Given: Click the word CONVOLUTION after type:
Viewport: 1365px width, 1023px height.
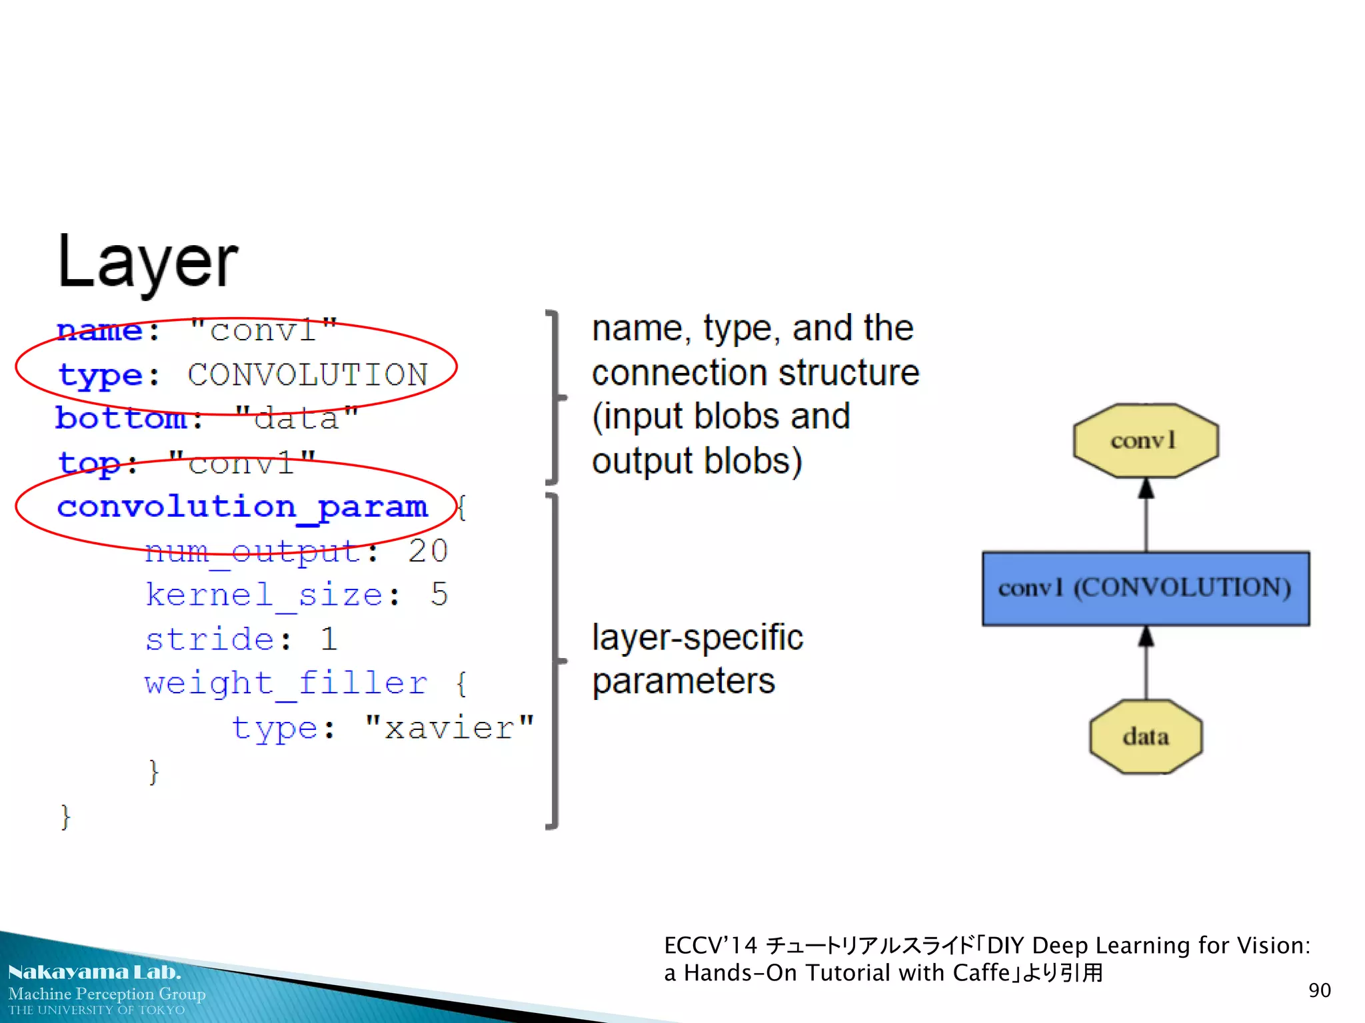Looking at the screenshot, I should [307, 375].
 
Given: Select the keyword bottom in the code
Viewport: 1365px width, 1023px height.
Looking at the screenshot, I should [121, 419].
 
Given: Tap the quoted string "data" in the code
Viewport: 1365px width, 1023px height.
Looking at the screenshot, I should [297, 419].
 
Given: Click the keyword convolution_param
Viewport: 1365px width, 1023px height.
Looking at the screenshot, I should [242, 508].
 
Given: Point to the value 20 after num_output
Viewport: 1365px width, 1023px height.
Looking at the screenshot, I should [427, 551].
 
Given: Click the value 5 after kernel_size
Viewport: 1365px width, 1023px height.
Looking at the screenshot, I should [439, 595].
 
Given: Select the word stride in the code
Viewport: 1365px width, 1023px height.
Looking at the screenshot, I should [209, 639].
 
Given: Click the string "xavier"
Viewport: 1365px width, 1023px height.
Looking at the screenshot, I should [450, 728].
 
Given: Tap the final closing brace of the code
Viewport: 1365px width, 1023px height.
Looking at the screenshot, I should [65, 817].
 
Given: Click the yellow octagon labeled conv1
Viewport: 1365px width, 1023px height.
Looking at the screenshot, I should [1145, 441].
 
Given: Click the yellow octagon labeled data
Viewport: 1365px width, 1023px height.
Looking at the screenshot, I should [1145, 737].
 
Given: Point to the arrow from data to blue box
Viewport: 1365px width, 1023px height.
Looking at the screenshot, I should [1146, 663].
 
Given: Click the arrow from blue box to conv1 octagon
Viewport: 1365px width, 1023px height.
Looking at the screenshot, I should [1146, 515].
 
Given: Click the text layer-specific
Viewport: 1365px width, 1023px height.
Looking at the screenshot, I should [697, 638].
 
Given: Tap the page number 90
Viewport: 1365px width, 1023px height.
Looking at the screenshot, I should [1319, 990].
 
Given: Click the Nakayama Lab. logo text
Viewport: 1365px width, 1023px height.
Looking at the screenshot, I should [94, 972].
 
